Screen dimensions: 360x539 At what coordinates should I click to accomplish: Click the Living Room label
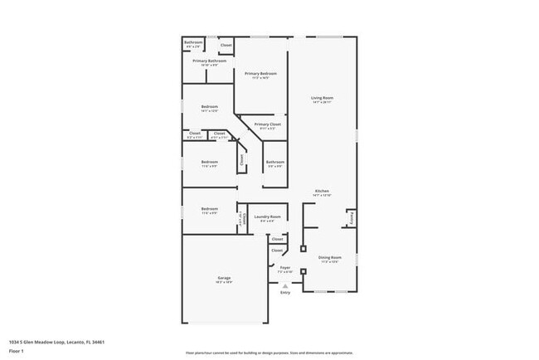322,98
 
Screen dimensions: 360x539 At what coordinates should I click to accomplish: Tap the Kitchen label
322,190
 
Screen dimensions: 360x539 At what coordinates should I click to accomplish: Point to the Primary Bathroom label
210,61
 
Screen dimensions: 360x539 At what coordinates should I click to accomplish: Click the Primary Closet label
267,124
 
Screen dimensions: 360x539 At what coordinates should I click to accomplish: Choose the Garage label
224,277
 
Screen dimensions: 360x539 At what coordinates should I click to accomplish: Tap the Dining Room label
329,258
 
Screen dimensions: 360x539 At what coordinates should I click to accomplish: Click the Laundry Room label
267,216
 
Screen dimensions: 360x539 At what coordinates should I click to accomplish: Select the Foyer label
284,267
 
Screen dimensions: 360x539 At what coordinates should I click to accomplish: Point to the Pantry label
352,219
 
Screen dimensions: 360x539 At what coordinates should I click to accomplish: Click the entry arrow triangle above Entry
285,285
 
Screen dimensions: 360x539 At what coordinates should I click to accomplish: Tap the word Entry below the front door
285,292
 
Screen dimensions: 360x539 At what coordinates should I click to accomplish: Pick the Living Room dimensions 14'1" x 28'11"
322,103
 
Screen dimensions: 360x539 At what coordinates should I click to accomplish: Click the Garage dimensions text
224,282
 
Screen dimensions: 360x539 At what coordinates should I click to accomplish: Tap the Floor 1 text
17,351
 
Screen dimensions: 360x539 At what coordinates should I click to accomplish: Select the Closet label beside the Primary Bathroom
249,45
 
